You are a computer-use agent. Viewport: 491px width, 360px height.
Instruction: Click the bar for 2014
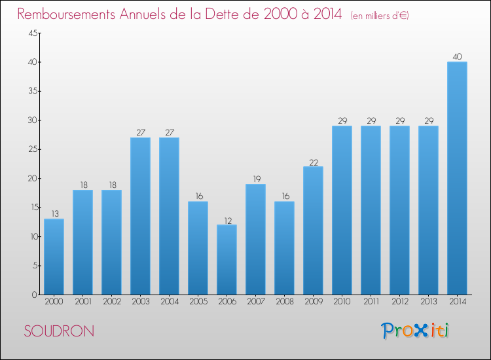pos(457,178)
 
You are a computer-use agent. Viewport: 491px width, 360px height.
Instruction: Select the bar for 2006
pos(227,259)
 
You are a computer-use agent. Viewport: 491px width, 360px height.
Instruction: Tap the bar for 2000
pos(54,257)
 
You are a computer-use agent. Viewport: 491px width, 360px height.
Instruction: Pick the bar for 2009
pos(313,230)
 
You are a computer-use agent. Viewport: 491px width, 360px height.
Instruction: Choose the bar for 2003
pos(140,216)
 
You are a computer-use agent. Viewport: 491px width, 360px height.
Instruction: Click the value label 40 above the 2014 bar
pos(457,56)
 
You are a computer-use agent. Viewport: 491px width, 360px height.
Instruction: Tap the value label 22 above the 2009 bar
pos(313,161)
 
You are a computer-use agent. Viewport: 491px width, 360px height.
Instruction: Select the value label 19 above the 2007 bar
pos(255,179)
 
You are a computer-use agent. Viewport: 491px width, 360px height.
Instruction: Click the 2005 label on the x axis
pos(198,302)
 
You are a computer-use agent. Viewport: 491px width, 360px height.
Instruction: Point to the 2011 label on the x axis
pos(371,302)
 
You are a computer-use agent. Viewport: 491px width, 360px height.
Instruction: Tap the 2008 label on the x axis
pos(284,302)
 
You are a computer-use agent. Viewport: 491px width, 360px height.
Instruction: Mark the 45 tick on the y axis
pos(31,33)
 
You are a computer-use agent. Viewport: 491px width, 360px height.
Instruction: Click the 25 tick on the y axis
pos(31,149)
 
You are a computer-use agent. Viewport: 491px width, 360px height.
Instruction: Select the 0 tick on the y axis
pos(33,295)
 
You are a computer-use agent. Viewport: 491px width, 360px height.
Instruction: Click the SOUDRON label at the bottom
pos(59,331)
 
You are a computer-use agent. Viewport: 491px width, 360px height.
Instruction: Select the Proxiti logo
pos(415,331)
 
